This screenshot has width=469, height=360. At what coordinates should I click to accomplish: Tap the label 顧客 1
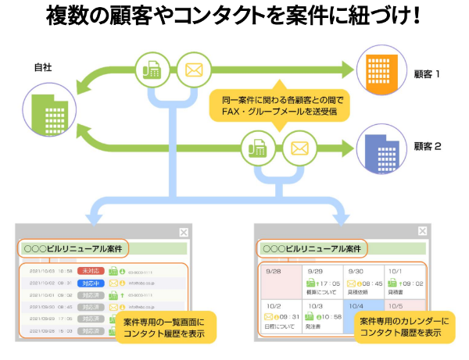click(428, 75)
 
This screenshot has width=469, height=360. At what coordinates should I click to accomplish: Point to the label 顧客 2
click(428, 146)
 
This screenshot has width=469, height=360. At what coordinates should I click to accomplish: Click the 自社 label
click(43, 68)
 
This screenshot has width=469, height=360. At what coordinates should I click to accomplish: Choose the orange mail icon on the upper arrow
click(193, 70)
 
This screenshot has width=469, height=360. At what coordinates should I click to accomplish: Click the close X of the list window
click(183, 232)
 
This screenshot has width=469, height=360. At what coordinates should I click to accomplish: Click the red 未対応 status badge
click(88, 271)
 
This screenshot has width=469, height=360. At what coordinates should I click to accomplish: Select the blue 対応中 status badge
click(88, 283)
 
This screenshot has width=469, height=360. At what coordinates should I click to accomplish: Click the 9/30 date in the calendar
click(355, 271)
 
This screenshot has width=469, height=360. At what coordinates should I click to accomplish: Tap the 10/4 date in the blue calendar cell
click(355, 306)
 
